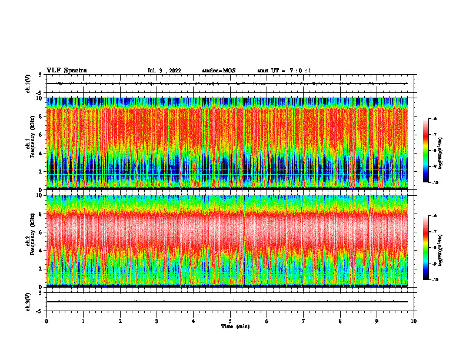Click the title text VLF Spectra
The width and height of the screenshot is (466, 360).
66,71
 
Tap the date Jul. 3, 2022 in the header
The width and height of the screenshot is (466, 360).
164,71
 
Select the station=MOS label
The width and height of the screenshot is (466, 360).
218,71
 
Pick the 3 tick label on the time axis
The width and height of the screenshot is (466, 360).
157,321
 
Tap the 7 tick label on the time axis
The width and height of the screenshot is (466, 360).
304,321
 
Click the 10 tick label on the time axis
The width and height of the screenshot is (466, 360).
414,321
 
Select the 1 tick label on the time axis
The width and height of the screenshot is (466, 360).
83,321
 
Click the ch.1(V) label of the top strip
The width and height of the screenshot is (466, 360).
28,84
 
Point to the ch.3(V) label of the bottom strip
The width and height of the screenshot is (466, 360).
28,301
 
